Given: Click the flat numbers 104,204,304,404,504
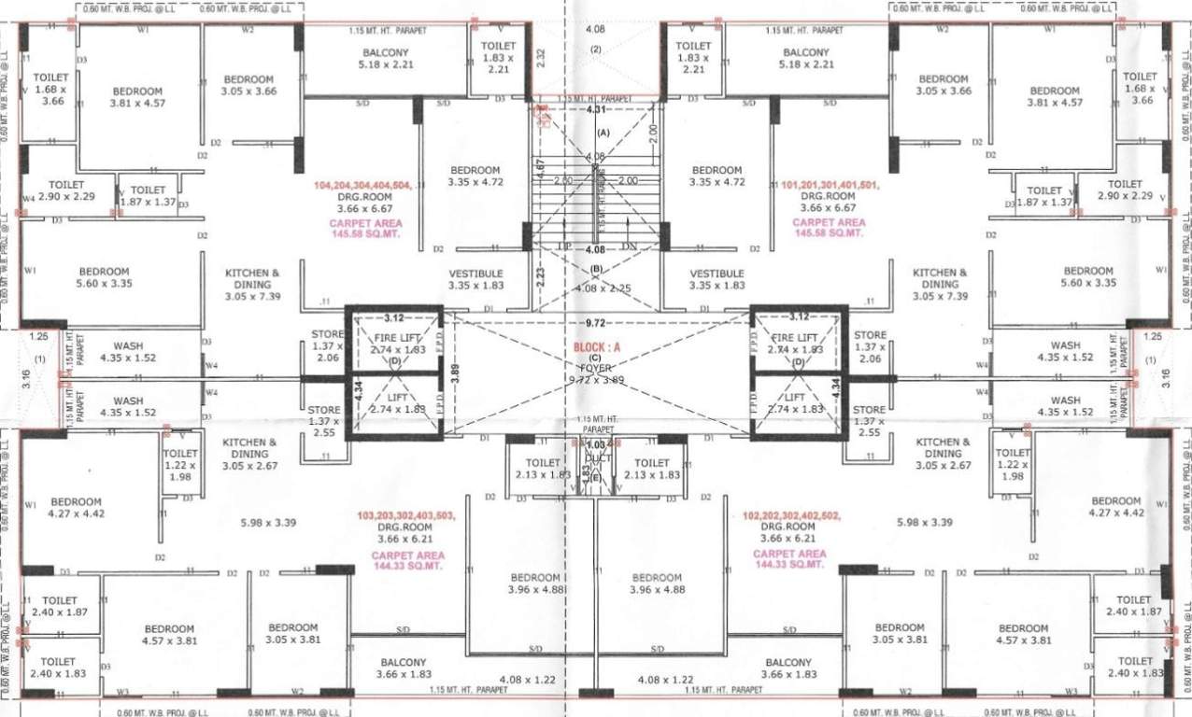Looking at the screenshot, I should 363,185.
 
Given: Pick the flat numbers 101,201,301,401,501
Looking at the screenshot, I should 830,185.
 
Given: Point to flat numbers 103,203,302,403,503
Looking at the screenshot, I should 406,514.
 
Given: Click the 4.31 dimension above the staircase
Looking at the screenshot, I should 595,110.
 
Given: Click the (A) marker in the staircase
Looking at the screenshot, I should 603,133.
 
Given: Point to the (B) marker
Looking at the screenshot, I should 595,269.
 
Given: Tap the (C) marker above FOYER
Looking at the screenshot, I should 595,358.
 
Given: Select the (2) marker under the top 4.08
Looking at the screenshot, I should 595,49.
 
